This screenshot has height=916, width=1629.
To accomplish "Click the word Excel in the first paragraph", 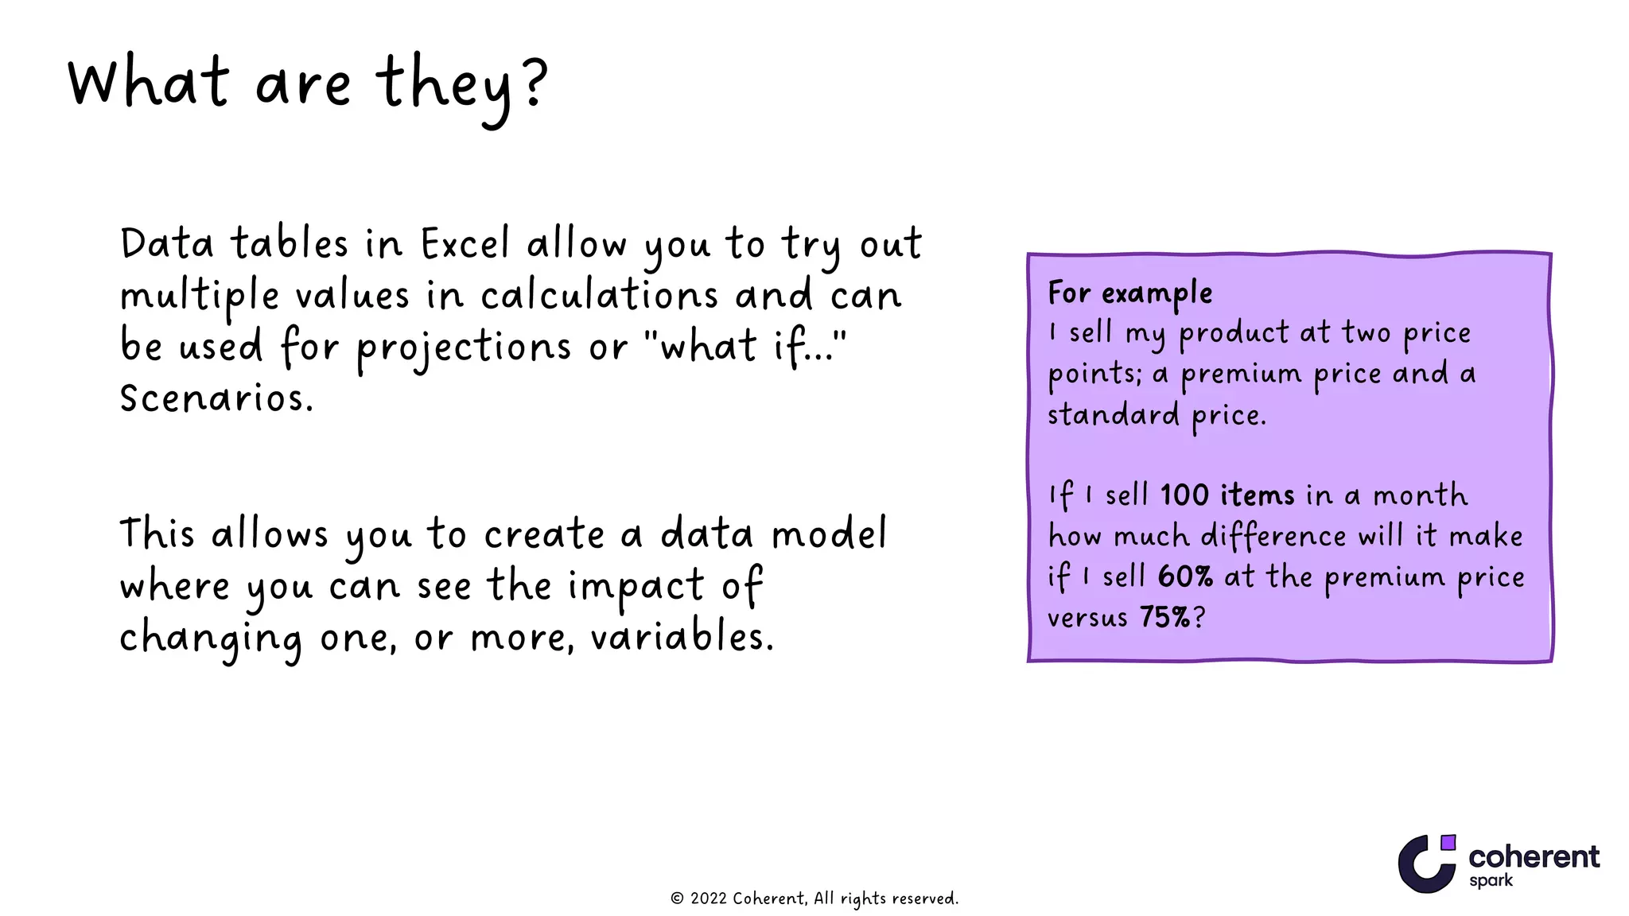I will [x=465, y=244].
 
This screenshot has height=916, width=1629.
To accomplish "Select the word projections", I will [x=463, y=348].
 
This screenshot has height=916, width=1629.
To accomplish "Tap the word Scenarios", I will [x=216, y=398].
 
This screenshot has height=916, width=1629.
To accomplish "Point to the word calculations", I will [x=599, y=296].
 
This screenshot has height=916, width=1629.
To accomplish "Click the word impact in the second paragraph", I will [x=636, y=587].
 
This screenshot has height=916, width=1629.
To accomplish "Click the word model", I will [x=829, y=534].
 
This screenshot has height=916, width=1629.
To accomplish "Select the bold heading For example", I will [x=1129, y=293].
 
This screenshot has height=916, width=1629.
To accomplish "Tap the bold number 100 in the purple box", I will [x=1184, y=495].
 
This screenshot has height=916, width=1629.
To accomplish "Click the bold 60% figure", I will [x=1185, y=576].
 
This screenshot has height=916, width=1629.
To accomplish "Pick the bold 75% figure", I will [x=1164, y=617].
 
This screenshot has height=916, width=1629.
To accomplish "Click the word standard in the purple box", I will [x=1113, y=415].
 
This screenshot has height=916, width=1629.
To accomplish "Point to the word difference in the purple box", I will [x=1273, y=537].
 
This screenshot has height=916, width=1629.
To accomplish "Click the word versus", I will [x=1087, y=618].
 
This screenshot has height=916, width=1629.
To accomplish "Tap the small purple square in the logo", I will [x=1448, y=842].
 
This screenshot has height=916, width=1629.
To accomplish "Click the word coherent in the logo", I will [x=1534, y=856].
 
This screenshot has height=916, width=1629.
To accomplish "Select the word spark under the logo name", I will [x=1491, y=881].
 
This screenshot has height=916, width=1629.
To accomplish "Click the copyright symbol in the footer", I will [x=677, y=899].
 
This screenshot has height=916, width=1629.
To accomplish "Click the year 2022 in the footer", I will [x=708, y=899].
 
